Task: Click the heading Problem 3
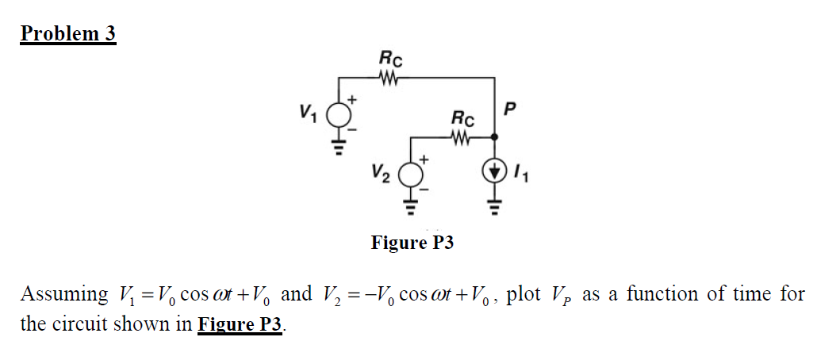pos(68,34)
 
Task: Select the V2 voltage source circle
pos(411,174)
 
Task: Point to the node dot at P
pos(495,136)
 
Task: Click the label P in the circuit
pos(510,108)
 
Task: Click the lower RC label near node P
pos(462,119)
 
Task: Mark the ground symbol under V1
pos(340,148)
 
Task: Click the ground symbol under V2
pos(411,208)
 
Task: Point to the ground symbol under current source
pos(495,208)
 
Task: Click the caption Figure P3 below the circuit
pos(412,243)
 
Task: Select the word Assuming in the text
pos(65,295)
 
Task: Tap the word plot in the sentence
pos(523,295)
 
